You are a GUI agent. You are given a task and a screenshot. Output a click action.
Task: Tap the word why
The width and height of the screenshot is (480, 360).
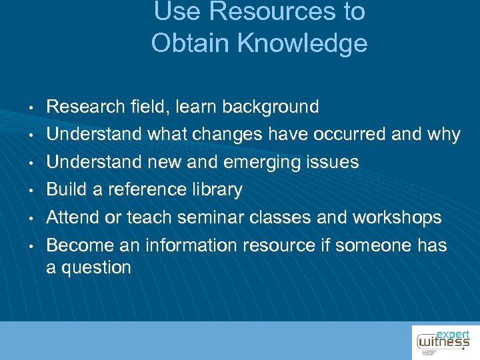tap(445, 135)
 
